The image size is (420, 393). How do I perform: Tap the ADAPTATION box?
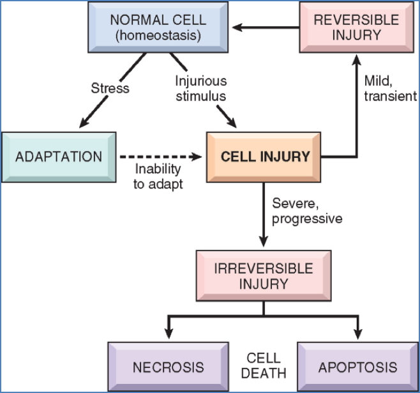[x=59, y=157]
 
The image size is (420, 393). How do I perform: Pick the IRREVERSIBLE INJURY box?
[x=264, y=275]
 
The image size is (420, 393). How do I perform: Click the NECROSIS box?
[x=169, y=367]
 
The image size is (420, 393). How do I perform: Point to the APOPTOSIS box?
[x=357, y=367]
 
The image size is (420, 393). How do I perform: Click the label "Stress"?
[x=110, y=87]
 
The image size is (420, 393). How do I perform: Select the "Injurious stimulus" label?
[x=201, y=88]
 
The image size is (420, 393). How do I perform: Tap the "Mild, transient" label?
[x=389, y=89]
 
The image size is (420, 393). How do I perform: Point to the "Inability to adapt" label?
[x=159, y=177]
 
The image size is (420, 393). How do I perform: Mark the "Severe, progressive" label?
[x=307, y=211]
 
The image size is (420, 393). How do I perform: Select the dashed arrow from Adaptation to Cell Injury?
[x=160, y=157]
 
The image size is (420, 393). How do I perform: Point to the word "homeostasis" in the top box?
[x=157, y=36]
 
